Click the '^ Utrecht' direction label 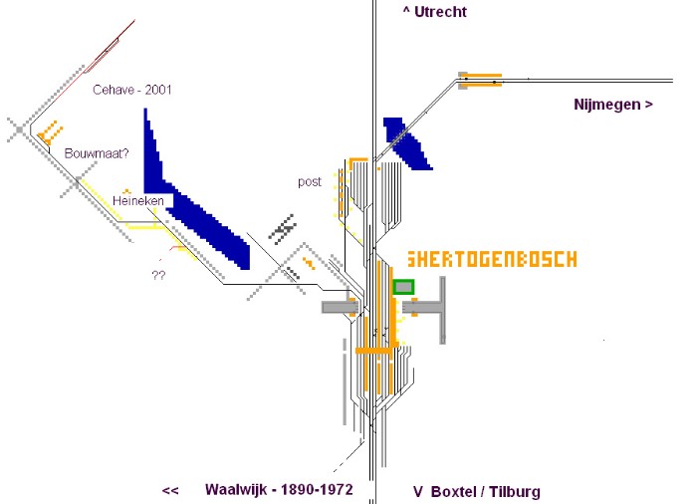tap(434, 12)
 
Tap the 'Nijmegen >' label tap(613, 104)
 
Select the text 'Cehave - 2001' tap(132, 90)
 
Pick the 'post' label tap(310, 182)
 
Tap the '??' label tap(157, 275)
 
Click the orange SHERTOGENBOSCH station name tap(492, 259)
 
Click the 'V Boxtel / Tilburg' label tap(476, 491)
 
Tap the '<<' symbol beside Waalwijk tap(169, 491)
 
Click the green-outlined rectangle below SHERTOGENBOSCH tap(403, 287)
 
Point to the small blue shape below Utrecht tap(406, 142)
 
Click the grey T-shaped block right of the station tap(438, 310)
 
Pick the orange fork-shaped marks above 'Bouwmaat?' tap(48, 129)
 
